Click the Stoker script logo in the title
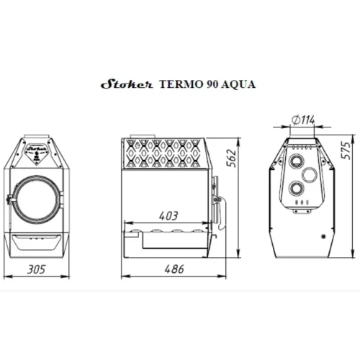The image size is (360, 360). [127, 84]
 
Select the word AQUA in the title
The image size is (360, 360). [238, 85]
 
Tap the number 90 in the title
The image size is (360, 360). [212, 84]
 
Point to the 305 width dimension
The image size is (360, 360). [36, 269]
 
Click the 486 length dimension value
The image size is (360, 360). [174, 269]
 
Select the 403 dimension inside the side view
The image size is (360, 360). [168, 216]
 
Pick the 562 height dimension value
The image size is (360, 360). [232, 158]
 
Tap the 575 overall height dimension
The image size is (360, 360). [346, 150]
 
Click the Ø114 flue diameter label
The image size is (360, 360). [303, 120]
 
